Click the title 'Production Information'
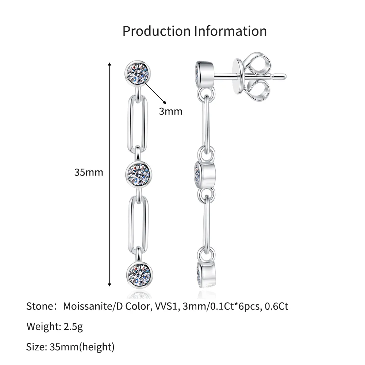[x=194, y=31]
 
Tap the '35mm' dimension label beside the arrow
[x=89, y=172]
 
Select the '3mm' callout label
[x=170, y=111]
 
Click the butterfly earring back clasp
[x=254, y=76]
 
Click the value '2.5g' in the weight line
[x=71, y=326]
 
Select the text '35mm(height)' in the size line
[x=82, y=346]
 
